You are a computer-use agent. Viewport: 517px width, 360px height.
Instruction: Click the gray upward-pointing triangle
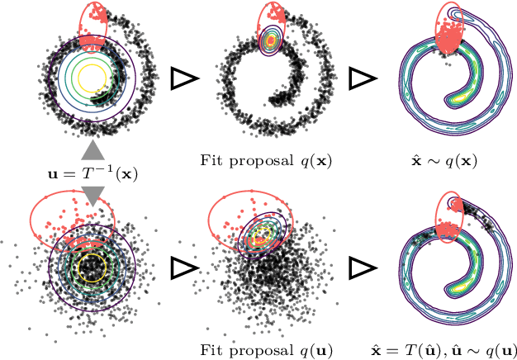[93, 150]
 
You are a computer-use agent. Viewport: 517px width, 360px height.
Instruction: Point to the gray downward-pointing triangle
[93, 195]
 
